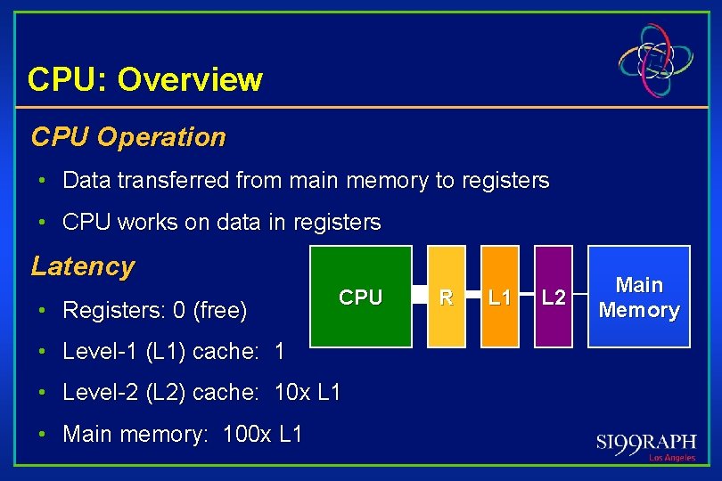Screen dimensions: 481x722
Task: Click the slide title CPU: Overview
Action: (x=145, y=79)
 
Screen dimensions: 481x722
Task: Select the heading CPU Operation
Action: (x=128, y=137)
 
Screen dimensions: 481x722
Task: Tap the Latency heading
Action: (x=82, y=265)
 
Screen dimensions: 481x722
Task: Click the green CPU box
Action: (x=360, y=297)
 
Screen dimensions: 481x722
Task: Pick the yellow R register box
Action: (x=446, y=297)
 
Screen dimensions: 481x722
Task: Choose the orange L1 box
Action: (x=500, y=297)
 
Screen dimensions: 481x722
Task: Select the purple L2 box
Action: (x=554, y=297)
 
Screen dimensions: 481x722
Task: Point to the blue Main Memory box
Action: (x=639, y=297)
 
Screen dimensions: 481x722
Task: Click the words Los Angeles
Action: (x=671, y=458)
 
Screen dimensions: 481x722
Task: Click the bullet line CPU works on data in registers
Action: (x=221, y=222)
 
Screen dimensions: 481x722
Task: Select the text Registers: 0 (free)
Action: (x=154, y=310)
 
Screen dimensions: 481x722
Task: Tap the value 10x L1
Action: (x=308, y=392)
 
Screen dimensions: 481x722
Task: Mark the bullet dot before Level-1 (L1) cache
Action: (x=43, y=352)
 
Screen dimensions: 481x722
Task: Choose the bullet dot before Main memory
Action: (x=43, y=435)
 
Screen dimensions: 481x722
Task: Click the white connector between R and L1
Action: (x=473, y=297)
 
